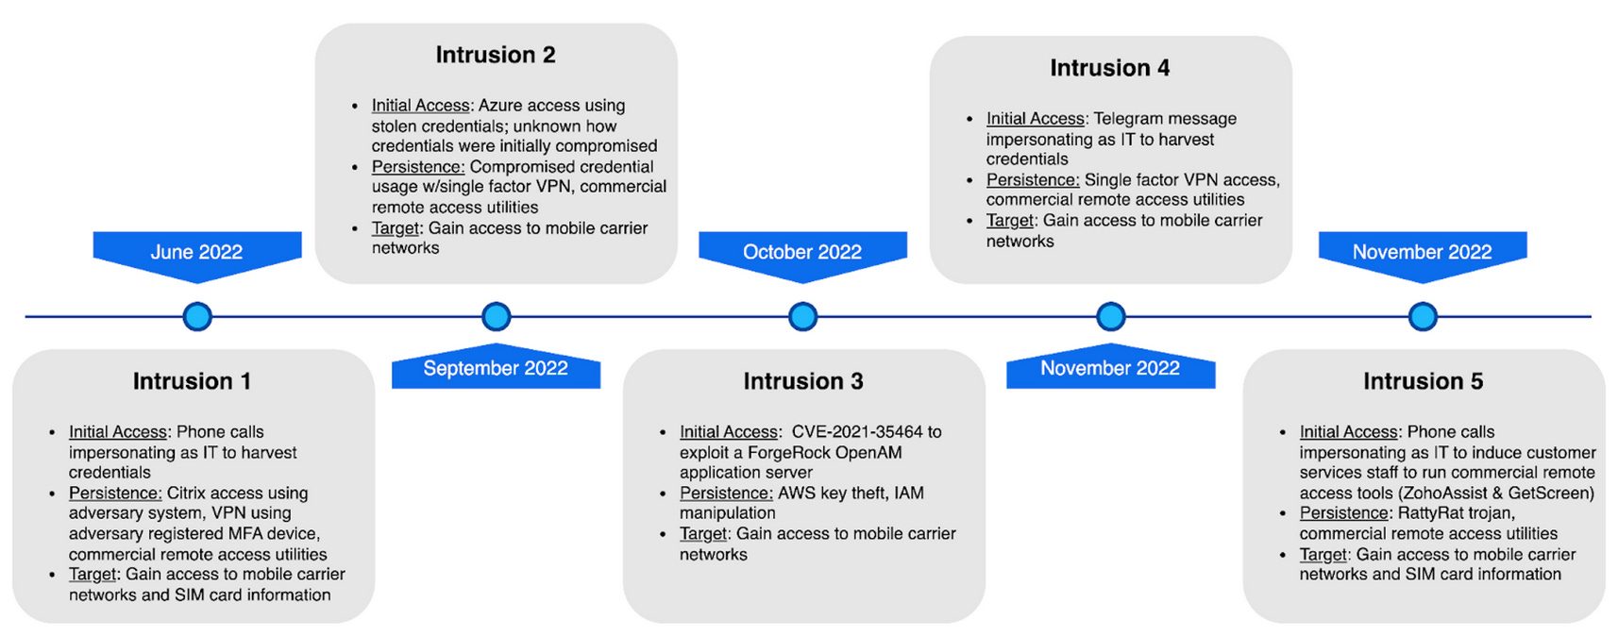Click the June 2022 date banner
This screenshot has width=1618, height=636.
pos(196,252)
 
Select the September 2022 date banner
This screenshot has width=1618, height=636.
pos(496,368)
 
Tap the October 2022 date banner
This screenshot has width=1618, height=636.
pos(802,252)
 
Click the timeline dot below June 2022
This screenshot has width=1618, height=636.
pos(197,316)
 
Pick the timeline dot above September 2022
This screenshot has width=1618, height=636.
pos(497,316)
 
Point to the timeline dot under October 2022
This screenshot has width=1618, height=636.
pos(802,316)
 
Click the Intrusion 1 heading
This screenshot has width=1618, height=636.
pos(193,381)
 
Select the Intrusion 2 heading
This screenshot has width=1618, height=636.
pos(496,55)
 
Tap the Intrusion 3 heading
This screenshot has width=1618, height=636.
pos(803,381)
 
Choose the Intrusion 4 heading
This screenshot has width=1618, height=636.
pos(1110,68)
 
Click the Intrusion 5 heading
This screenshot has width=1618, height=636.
pos(1423,381)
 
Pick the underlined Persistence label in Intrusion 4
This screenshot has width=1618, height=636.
pos(1032,180)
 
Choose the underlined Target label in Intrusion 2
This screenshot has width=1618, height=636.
pos(395,228)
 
